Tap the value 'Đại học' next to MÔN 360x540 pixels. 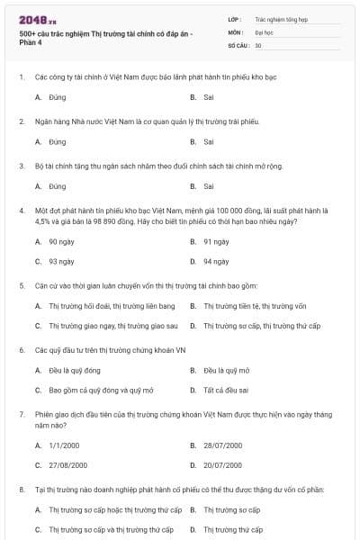265,31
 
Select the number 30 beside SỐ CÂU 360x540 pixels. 258,44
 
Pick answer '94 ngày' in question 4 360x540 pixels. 216,261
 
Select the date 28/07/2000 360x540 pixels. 222,445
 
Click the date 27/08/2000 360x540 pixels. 67,464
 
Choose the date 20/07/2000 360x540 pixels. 222,464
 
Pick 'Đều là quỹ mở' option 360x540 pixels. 227,370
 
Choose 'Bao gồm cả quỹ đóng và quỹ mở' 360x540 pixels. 101,390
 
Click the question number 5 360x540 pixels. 21,285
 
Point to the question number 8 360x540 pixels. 21,489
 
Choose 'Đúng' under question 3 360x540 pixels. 58,186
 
